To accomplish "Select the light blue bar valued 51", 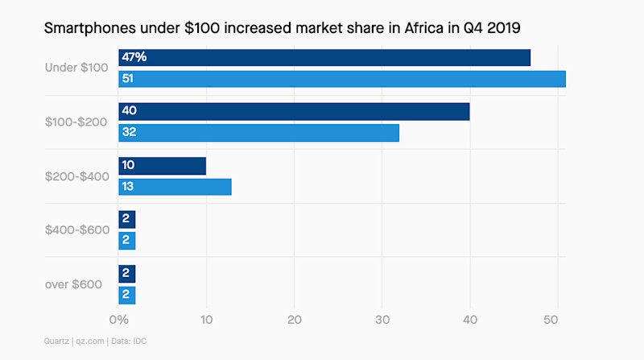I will tap(342, 79).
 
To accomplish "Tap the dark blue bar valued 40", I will tap(294, 112).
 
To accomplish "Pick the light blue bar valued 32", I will tap(258, 133).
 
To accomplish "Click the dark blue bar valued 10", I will tap(162, 166).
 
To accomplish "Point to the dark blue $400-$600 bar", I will tap(127, 220).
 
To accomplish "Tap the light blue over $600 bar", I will tap(127, 294).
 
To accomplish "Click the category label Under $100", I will tap(76, 68).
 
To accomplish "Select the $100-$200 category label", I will tap(76, 122).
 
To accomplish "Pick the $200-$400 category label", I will tap(76, 176).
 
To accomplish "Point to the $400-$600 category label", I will tap(76, 230).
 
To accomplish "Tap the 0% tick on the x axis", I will tap(118, 320).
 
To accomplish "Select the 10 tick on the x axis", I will tap(207, 320).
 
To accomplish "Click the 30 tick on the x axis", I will tap(382, 320).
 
